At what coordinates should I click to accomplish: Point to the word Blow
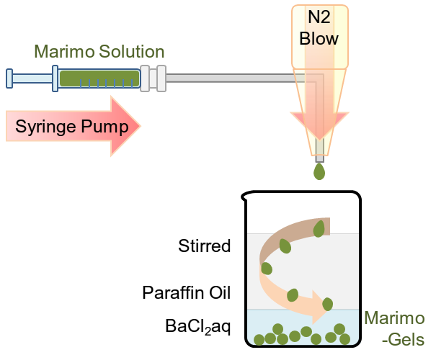(319, 39)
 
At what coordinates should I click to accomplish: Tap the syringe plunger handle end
(9, 78)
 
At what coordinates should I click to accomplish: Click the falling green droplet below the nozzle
(319, 171)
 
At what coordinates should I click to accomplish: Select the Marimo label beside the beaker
(394, 318)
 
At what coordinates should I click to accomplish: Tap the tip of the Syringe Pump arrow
(140, 127)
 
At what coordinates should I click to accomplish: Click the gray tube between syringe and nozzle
(231, 78)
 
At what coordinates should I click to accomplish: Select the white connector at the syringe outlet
(153, 78)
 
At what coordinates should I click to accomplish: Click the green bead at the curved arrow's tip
(328, 304)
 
